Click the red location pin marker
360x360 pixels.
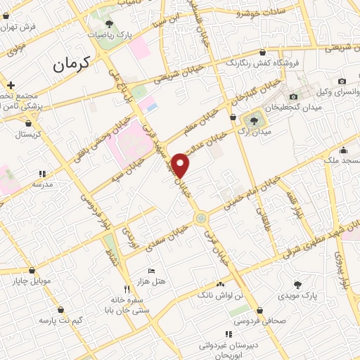point(182,166)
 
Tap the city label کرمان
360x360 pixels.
point(73,65)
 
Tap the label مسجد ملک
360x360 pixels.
point(341,161)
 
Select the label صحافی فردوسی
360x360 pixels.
point(266,321)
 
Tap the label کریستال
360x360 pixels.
point(29,133)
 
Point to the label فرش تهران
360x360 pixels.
point(19,26)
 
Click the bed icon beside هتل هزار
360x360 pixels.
point(152,271)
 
